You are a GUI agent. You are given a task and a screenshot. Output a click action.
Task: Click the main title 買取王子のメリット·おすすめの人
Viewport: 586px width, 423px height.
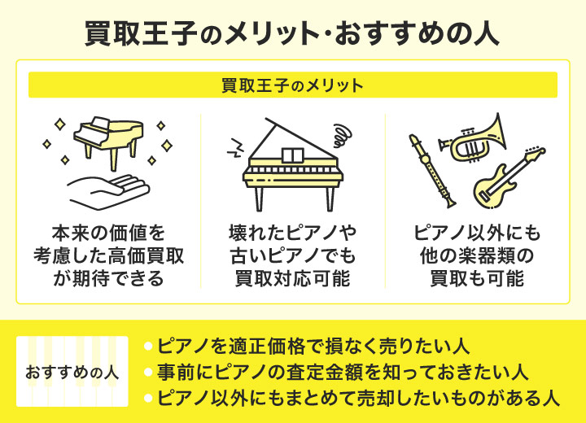tap(292, 33)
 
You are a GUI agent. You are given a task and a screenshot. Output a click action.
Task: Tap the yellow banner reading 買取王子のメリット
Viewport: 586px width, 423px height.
tap(293, 85)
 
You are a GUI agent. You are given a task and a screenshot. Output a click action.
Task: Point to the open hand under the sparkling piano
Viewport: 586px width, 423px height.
tap(108, 191)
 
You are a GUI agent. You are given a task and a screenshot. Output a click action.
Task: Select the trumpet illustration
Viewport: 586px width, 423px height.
tap(473, 138)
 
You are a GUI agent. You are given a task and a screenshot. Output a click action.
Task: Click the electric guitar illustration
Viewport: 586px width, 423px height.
tap(509, 177)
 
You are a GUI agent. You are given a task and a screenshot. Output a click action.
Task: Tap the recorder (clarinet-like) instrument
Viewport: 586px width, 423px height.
tap(432, 171)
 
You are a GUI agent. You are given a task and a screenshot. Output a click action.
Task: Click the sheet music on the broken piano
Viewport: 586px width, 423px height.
tap(293, 155)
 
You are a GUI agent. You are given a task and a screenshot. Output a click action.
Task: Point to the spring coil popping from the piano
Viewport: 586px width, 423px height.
tap(342, 135)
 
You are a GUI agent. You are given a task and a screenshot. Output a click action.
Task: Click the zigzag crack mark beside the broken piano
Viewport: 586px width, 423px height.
tap(234, 148)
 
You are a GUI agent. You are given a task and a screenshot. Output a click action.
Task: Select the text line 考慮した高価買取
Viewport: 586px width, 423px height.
tap(108, 256)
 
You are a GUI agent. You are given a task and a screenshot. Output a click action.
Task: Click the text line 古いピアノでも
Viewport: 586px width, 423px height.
tap(293, 256)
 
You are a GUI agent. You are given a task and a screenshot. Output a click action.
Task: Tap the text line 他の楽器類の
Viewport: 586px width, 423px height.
tap(477, 256)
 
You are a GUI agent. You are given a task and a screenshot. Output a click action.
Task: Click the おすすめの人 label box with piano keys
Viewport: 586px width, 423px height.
tap(72, 372)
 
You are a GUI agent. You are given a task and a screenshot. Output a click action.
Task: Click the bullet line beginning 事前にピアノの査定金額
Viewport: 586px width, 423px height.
tap(336, 373)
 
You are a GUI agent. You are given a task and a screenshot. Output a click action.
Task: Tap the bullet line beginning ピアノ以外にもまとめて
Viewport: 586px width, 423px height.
tap(352, 398)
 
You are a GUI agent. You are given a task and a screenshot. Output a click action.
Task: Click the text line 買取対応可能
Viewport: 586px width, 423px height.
tap(293, 279)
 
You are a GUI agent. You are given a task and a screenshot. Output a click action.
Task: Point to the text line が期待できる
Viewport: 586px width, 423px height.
tap(108, 279)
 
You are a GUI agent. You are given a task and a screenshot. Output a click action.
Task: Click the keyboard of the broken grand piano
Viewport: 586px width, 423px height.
tap(293, 170)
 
